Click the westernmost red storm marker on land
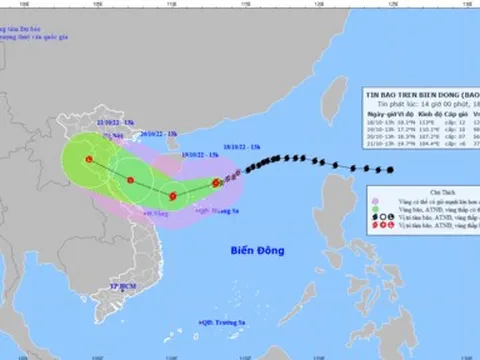click(x=90, y=160)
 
